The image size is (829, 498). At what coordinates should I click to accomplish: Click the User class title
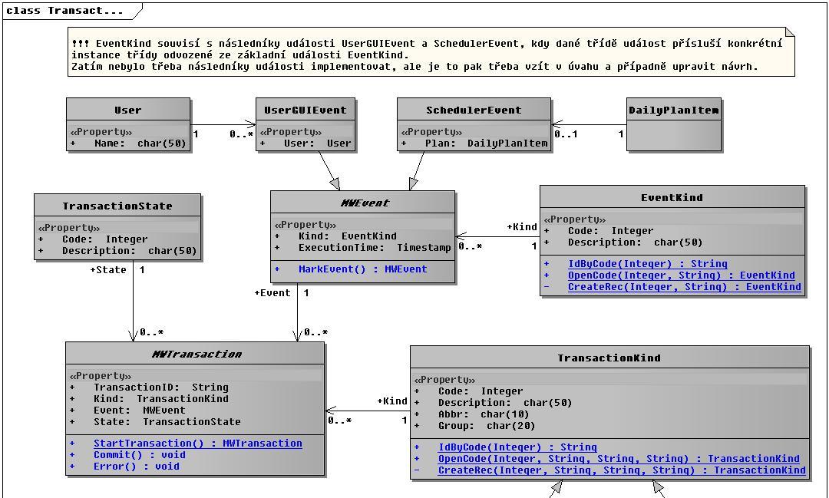point(128,110)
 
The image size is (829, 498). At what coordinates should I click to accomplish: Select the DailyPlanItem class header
point(674,110)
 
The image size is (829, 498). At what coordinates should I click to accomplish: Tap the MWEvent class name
point(365,203)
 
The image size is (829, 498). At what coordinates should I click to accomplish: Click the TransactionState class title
point(117,206)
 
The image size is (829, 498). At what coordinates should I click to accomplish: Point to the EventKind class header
point(672,198)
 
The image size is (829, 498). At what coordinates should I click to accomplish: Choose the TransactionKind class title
point(609,358)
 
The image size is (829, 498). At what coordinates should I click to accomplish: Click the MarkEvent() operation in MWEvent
point(362,269)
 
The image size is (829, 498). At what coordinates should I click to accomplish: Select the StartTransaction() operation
point(198,444)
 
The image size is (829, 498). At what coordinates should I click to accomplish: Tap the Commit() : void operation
point(140,455)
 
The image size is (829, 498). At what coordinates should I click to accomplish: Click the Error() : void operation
point(137,467)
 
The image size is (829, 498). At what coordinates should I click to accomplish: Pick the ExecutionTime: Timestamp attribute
point(375,248)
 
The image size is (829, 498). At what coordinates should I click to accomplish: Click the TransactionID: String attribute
point(160,388)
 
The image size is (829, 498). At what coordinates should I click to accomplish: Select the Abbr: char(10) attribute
point(484,414)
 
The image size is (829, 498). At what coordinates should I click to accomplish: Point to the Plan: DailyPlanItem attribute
point(487,143)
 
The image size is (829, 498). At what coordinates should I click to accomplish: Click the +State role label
point(108,270)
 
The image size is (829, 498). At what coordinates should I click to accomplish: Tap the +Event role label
point(272,293)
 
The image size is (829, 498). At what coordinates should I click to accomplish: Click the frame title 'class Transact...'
point(64,11)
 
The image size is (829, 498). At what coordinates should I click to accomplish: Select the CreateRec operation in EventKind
point(684,287)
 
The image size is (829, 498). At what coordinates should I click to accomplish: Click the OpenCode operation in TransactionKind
point(619,459)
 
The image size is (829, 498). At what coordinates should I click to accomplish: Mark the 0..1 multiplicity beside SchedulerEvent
point(566,134)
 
